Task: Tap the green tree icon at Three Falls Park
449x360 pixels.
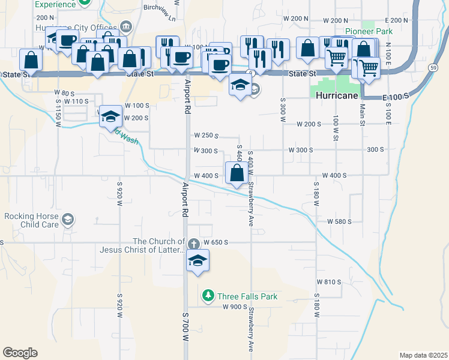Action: [208, 295]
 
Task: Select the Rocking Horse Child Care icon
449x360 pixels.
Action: [68, 220]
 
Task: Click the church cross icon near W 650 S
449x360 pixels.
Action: [193, 244]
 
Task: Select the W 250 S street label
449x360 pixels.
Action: [205, 136]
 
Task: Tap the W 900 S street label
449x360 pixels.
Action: [235, 307]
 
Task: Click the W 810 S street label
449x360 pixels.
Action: [328, 281]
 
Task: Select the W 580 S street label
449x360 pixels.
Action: [339, 221]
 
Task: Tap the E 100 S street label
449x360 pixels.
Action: [394, 96]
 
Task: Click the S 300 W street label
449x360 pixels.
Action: [282, 109]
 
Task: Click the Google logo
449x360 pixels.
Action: [20, 353]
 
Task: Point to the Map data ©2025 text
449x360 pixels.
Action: [423, 355]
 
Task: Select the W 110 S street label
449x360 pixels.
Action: [75, 101]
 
